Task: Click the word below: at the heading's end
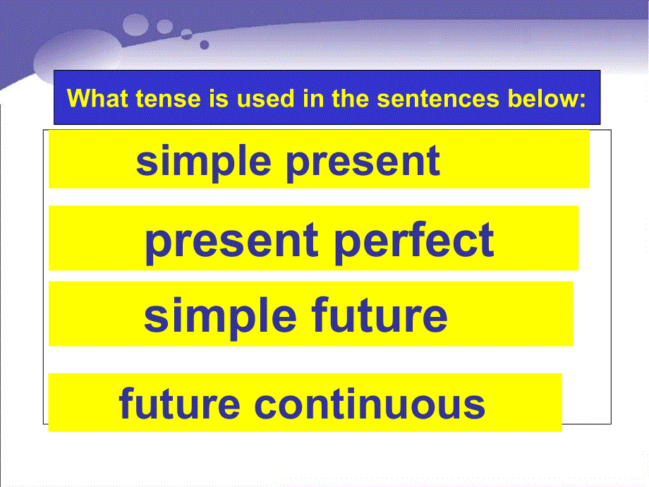pyautogui.click(x=549, y=98)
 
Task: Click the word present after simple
pyautogui.click(x=363, y=161)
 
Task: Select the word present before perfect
pyautogui.click(x=232, y=241)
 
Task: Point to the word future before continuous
pyautogui.click(x=179, y=404)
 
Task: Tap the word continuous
pyautogui.click(x=370, y=404)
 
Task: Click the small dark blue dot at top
pyautogui.click(x=205, y=44)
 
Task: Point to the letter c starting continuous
pyautogui.click(x=265, y=405)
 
